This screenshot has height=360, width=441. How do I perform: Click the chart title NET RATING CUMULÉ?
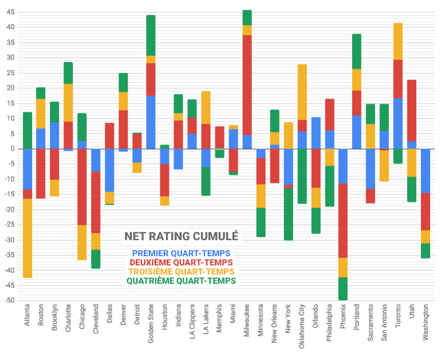click(182, 236)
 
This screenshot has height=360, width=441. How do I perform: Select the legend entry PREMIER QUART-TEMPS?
click(182, 253)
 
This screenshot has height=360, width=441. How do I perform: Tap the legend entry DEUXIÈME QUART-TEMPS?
click(182, 262)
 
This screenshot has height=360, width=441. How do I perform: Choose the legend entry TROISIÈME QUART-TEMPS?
click(182, 271)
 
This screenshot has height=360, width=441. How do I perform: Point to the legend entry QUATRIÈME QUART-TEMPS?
click(182, 281)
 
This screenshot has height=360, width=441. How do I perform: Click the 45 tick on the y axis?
click(10, 12)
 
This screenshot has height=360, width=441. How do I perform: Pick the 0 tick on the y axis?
click(12, 148)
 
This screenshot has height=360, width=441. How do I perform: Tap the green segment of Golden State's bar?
click(151, 36)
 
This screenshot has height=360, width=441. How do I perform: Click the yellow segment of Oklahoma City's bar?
click(302, 92)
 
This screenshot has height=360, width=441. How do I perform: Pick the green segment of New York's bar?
click(288, 214)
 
